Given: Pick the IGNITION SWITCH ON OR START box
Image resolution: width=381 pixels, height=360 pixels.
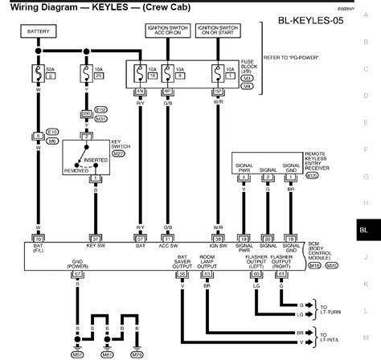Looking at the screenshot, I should (216, 32).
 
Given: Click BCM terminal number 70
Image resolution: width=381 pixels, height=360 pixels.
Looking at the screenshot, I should (38, 217).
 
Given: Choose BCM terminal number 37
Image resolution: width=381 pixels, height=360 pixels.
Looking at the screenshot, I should (96, 217).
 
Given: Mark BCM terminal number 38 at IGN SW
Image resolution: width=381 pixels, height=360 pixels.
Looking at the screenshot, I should (216, 217).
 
